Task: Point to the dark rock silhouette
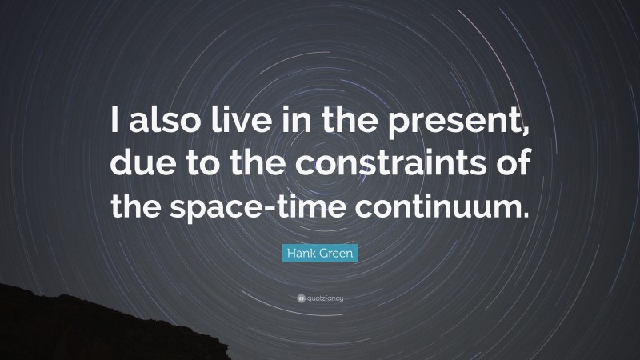tap(48, 328)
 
